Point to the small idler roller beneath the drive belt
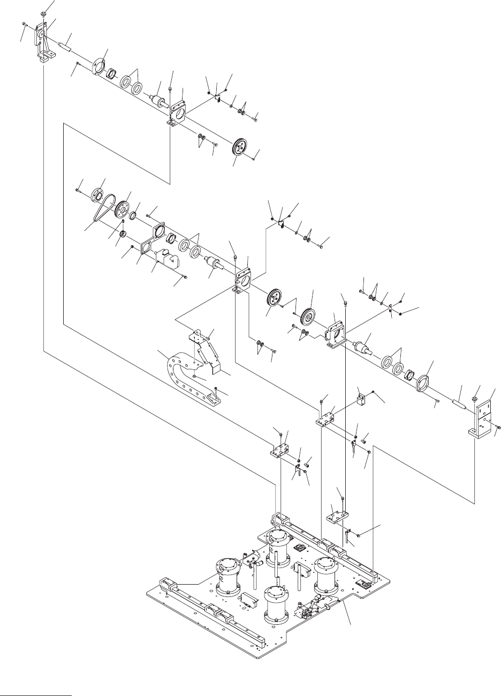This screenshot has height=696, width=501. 123,234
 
